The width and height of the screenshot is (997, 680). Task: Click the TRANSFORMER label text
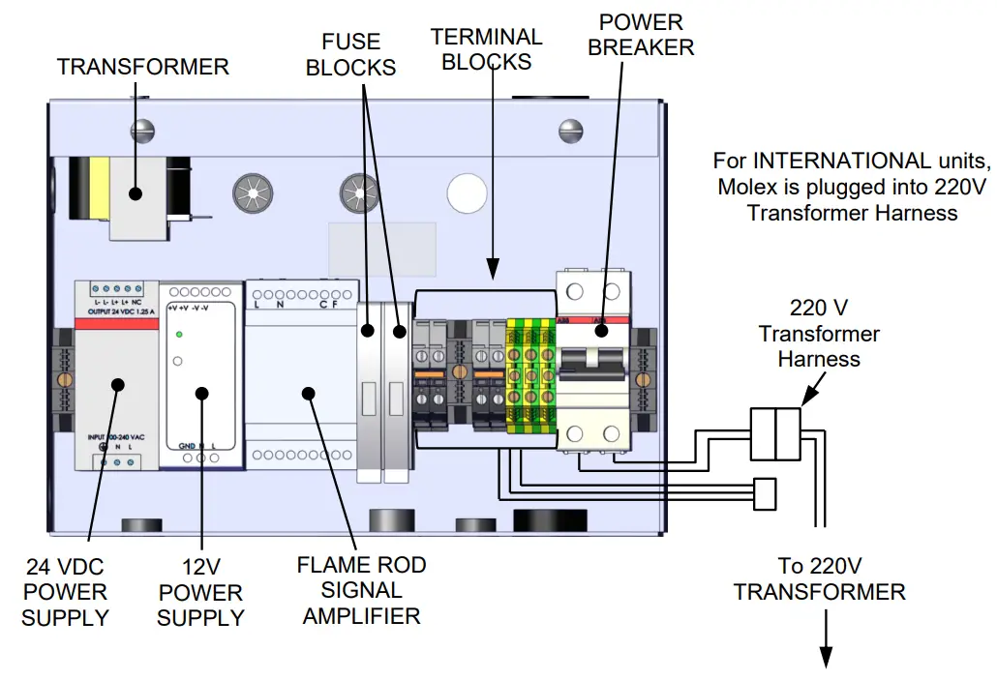point(143,67)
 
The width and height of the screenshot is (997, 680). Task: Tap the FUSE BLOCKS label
point(359,54)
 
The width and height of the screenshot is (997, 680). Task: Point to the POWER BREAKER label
point(641,34)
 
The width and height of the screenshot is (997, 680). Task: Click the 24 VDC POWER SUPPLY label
point(65,591)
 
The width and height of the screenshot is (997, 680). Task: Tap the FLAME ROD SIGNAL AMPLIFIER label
point(361,589)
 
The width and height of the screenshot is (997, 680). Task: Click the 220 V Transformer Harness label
point(819,334)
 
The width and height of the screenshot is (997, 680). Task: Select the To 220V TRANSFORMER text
point(819,578)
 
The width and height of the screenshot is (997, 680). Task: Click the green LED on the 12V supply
point(179,335)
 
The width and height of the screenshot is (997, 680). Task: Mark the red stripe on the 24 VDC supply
point(116,324)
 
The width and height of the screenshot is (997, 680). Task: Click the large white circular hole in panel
point(467,189)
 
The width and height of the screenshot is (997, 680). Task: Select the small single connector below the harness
point(765,493)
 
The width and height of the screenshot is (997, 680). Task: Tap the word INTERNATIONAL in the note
point(848,160)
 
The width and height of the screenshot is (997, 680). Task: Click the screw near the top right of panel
point(569,127)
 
